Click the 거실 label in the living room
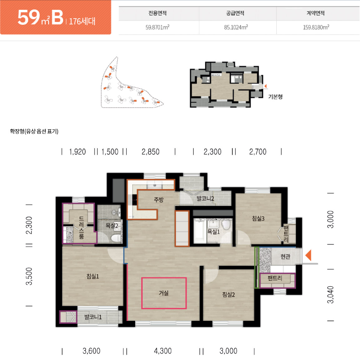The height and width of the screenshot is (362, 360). pos(164,293)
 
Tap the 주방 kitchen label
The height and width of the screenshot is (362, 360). pos(159,199)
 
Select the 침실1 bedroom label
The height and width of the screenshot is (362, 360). pos(93,276)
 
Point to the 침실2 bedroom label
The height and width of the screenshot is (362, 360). pos(228,294)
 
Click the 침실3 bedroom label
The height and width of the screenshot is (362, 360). pos(258,219)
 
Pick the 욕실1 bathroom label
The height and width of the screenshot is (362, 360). pos(214,232)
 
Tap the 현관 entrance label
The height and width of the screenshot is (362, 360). pos(285,256)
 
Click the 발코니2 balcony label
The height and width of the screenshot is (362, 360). pos(205,199)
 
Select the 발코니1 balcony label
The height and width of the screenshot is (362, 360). pos(93,317)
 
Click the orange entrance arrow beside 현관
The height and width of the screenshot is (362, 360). pos(309,256)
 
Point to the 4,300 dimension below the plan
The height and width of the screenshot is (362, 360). pos(163,351)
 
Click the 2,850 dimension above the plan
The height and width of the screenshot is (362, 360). pos(151,152)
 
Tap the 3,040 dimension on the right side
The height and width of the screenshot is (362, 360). pos(331,295)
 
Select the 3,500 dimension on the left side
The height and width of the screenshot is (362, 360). pos(29,276)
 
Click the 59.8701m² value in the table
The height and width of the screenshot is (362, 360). pos(158,27)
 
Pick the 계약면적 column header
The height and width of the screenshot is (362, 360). pos(316,13)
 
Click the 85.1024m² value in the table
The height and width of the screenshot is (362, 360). pos(236,27)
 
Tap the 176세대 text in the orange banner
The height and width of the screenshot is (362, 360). pos(82,21)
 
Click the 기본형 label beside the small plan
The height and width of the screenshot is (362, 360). pos(275,97)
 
